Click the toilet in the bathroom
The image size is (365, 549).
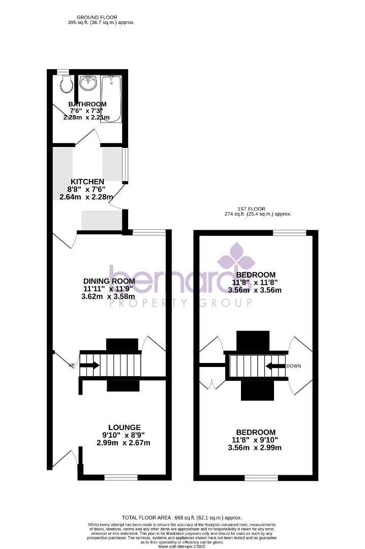point(66,84)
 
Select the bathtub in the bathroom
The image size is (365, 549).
point(111,99)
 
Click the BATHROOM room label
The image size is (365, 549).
point(87,104)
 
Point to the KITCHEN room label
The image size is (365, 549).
point(87,181)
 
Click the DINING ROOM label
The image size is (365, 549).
point(109,281)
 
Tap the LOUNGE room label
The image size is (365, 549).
point(124,428)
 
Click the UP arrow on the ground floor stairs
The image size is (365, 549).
point(89,365)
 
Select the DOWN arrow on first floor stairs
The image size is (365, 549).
point(275,365)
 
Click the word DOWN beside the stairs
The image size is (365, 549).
point(294,366)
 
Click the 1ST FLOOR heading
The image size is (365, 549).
point(258,209)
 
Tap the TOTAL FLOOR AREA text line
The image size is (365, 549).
point(182,517)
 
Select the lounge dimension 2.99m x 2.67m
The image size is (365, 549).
point(124,443)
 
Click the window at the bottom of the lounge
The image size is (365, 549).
point(121,477)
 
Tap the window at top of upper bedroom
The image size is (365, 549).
point(290,233)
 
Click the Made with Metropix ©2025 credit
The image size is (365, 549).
point(181,546)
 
